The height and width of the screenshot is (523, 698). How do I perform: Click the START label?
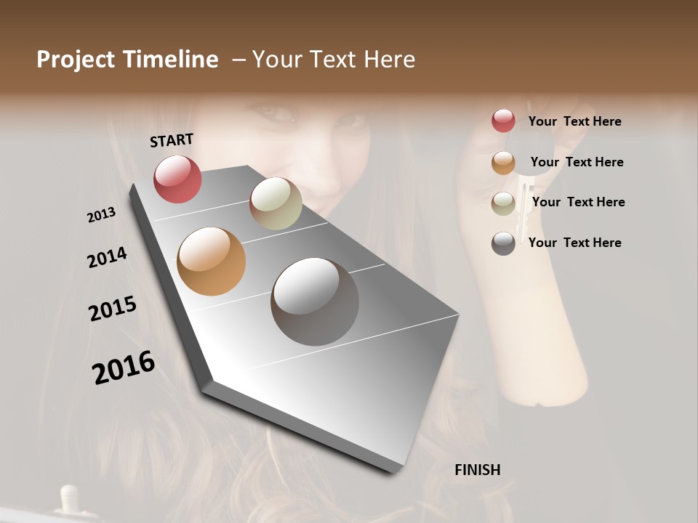point(172,140)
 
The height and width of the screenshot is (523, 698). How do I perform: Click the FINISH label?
point(477,470)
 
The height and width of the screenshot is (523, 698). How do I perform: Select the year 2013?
point(102,215)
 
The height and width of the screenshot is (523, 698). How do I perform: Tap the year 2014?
point(107,257)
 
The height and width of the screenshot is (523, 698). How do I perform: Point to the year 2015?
point(113,309)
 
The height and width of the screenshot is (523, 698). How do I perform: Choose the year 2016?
point(124,368)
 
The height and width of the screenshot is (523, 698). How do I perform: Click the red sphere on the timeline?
point(177,179)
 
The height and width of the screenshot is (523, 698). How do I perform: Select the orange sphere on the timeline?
point(212,261)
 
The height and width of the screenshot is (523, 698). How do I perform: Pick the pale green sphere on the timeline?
point(276,203)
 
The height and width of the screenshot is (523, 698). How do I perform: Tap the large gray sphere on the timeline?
point(315,301)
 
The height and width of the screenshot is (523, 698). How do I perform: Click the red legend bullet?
point(503,121)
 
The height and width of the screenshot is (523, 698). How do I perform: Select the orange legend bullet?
point(503,163)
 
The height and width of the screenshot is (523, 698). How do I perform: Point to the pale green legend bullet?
point(503,203)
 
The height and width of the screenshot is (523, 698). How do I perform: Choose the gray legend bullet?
point(503,243)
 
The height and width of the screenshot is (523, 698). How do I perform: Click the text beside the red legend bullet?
point(574,121)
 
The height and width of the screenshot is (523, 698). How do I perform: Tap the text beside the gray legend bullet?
point(574,243)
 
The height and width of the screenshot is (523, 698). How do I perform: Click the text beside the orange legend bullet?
point(577,162)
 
